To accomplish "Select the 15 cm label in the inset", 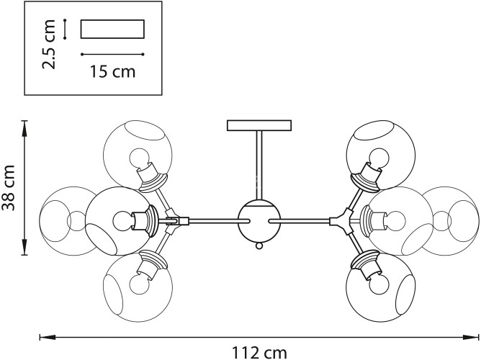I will click(x=113, y=71).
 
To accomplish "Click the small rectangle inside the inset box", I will click(x=112, y=29).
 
